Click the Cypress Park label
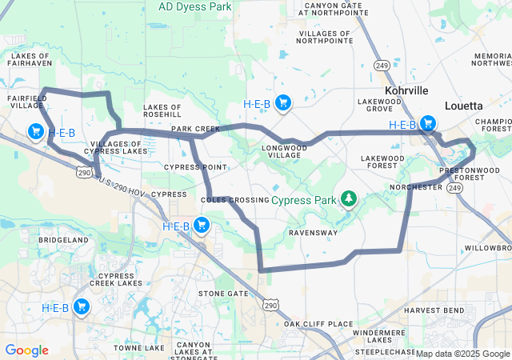(304, 198)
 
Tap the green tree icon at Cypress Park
(348, 198)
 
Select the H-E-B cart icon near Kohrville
(428, 123)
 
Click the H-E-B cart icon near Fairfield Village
(36, 131)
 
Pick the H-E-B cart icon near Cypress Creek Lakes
(81, 306)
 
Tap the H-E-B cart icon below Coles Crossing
(202, 226)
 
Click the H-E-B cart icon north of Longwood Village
(282, 102)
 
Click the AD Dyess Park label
(194, 6)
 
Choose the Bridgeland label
(63, 239)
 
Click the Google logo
(26, 350)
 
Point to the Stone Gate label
(223, 294)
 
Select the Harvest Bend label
(433, 310)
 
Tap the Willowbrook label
(487, 248)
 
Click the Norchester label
(415, 187)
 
